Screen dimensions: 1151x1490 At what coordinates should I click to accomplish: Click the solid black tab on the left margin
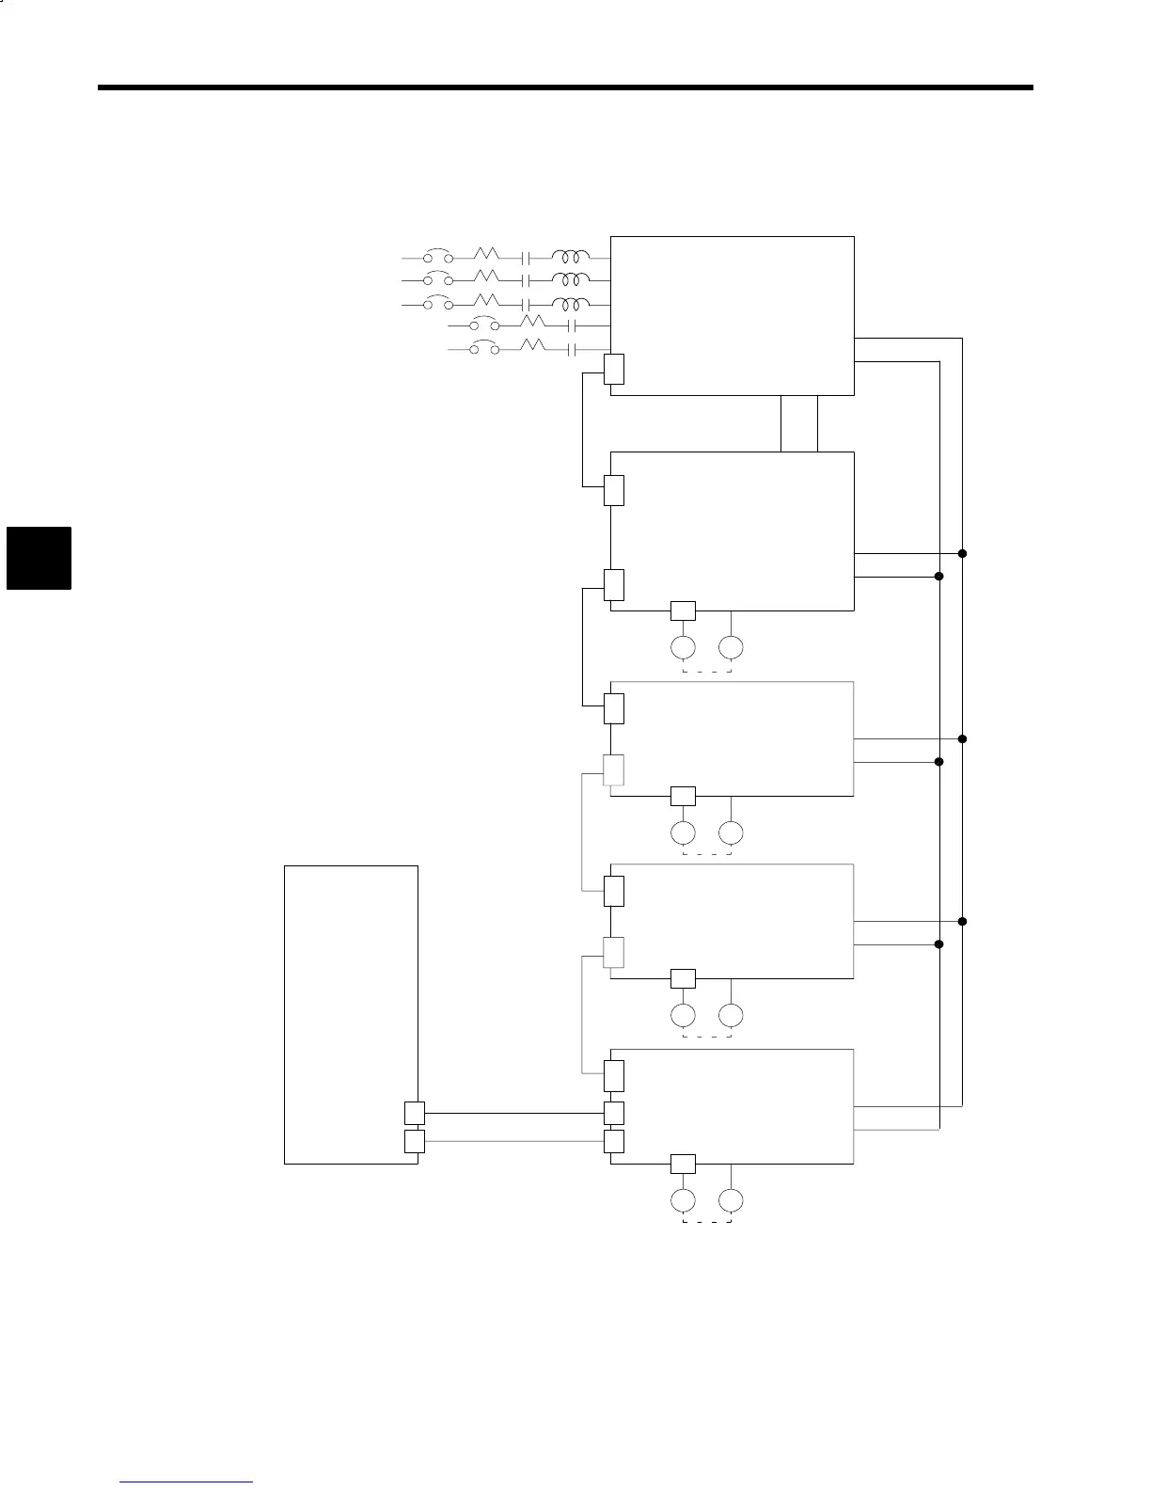coord(39,558)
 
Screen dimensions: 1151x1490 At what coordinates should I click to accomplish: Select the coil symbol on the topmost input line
coord(571,257)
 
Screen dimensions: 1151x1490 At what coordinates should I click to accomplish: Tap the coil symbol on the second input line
coord(571,279)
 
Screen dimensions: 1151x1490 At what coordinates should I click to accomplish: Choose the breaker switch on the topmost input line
coord(437,256)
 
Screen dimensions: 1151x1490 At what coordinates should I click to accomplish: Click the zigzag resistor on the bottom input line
coord(532,347)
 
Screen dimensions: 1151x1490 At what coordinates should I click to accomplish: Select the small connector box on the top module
coord(614,370)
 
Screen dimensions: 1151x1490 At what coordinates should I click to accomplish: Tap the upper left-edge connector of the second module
coord(614,490)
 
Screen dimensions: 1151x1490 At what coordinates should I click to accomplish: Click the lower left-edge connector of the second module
coord(614,585)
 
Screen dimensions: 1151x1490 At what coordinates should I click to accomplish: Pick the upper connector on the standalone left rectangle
coord(414,1113)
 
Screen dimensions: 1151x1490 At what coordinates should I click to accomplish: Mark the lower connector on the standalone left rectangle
coord(414,1141)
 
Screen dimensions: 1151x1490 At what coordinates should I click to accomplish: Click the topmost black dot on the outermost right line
coord(963,553)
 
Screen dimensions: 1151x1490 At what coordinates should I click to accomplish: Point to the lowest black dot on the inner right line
coord(938,943)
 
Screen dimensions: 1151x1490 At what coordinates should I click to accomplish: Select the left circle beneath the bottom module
coord(683,1200)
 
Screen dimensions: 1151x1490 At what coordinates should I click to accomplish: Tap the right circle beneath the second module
coord(731,647)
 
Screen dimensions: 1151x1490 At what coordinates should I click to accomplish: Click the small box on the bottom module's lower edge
coord(683,1164)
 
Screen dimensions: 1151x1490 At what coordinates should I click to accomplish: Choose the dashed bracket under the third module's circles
coord(706,854)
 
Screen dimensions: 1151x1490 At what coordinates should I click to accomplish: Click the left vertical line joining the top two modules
coord(781,423)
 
